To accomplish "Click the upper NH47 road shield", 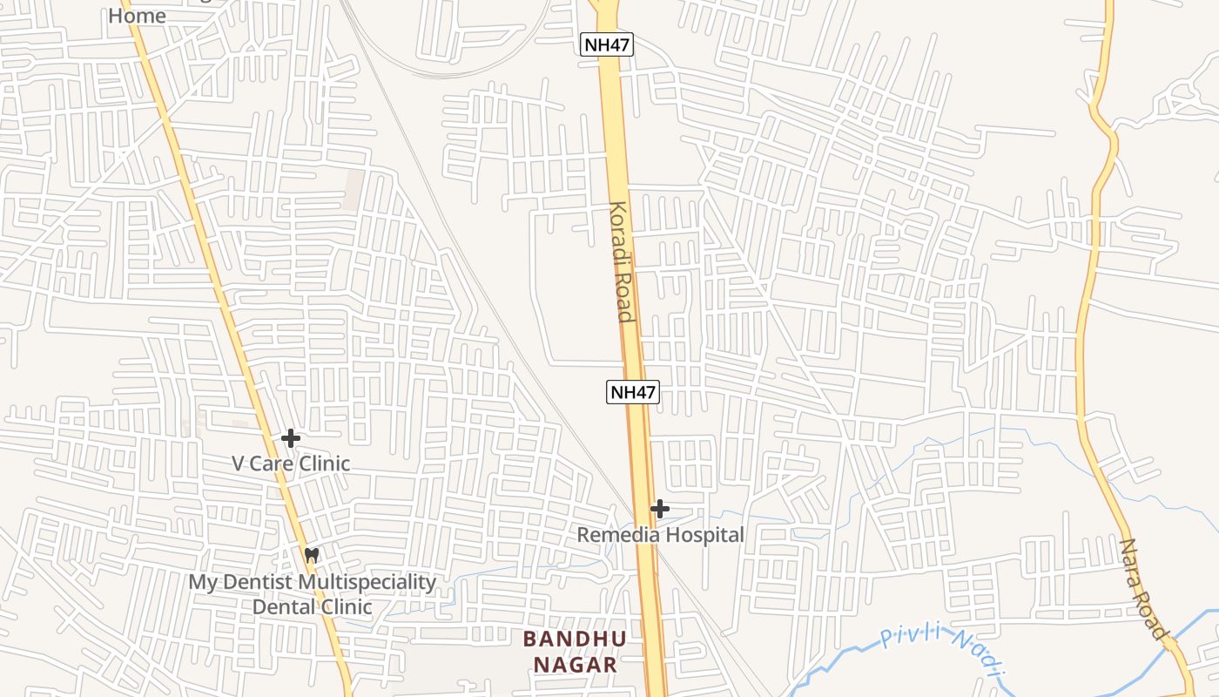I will pos(607,44).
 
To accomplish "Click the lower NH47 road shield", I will pos(632,391).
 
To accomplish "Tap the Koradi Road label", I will pos(621,262).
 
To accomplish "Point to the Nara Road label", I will pos(1143,589).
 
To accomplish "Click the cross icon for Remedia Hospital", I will pos(660,509).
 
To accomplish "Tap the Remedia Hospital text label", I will pos(660,535).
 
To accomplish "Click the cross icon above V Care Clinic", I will pos(291,438).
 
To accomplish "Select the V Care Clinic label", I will pos(291,464).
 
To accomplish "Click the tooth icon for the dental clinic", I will pos(312,555).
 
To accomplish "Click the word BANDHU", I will pos(574,639).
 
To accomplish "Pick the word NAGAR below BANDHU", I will pos(574,665).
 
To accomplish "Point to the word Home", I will pos(137,16).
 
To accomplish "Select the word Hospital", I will pos(701,535).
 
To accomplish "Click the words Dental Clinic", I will pos(312,606).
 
